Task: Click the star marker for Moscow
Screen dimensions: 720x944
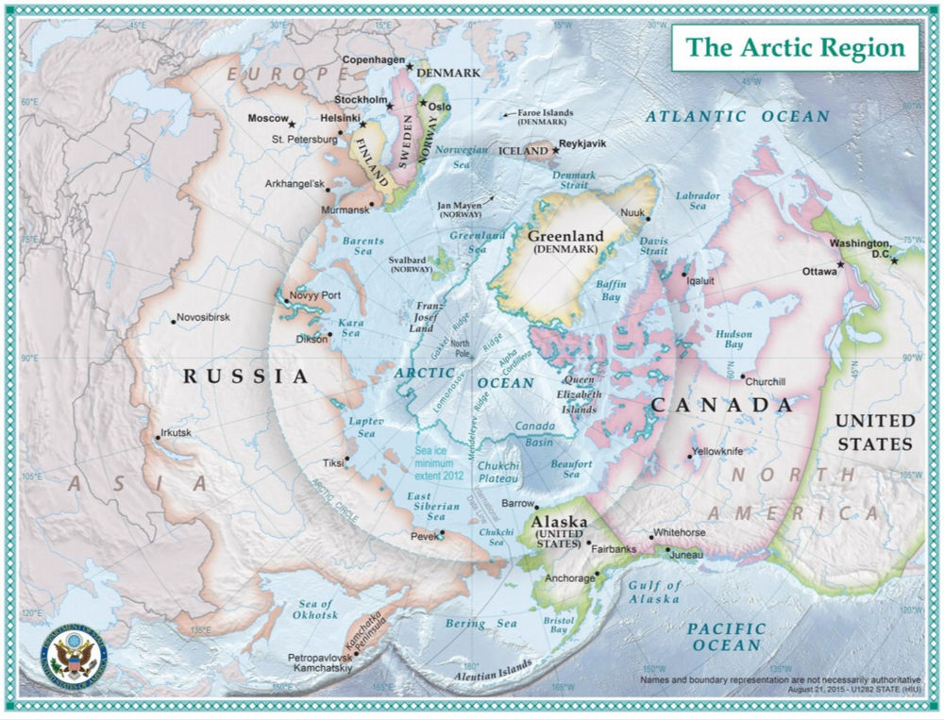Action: pyautogui.click(x=292, y=125)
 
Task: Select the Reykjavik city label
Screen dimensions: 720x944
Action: pyautogui.click(x=582, y=144)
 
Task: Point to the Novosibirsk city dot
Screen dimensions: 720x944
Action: pyautogui.click(x=174, y=322)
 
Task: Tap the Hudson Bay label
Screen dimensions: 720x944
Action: pyautogui.click(x=733, y=340)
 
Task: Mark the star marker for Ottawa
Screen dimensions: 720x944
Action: pyautogui.click(x=841, y=265)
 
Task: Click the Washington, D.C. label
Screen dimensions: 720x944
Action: pyautogui.click(x=861, y=248)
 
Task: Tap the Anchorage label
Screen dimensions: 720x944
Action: pyautogui.click(x=569, y=578)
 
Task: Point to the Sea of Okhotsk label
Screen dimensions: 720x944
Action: pyautogui.click(x=315, y=610)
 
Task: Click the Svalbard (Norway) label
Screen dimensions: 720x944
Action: pyautogui.click(x=409, y=263)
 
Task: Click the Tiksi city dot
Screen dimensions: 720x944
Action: pyautogui.click(x=347, y=460)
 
